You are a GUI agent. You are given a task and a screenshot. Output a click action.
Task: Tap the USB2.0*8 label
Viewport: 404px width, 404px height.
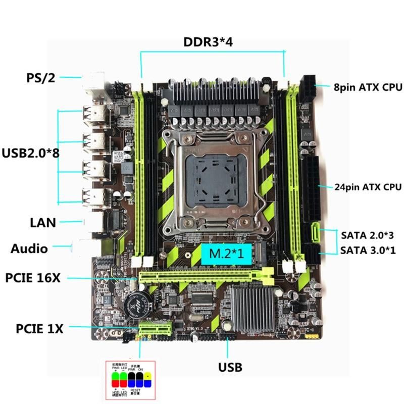click(30, 153)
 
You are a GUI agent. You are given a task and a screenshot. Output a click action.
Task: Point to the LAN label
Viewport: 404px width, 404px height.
click(43, 222)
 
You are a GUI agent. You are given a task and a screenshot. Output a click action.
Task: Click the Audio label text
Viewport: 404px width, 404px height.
click(29, 248)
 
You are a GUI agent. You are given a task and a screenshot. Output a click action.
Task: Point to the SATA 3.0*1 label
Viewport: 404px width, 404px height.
click(367, 249)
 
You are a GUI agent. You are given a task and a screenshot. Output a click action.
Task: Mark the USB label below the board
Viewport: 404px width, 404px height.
click(230, 367)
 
